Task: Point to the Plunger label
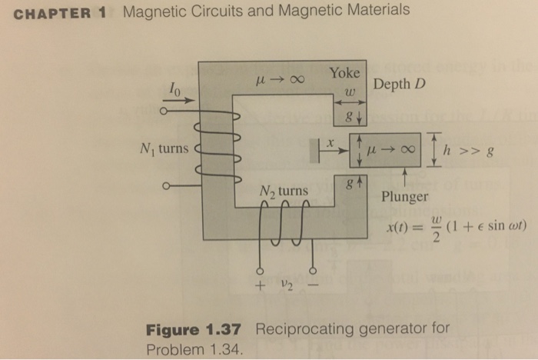point(404,196)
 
